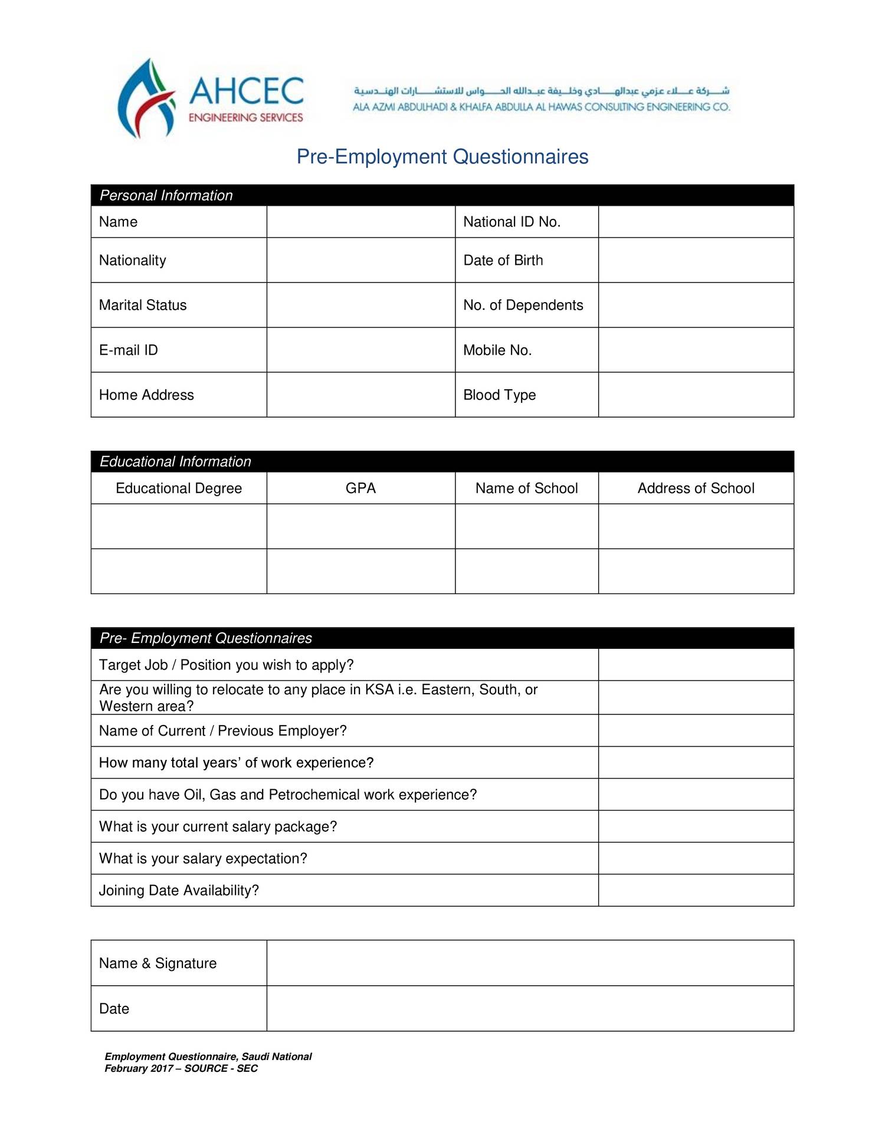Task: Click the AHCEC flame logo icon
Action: click(146, 99)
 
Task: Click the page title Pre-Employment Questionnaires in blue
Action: click(442, 157)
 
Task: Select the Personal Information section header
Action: click(166, 195)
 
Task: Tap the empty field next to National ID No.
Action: click(696, 222)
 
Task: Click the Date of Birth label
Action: click(503, 260)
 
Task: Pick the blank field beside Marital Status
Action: click(360, 305)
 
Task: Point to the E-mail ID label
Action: click(129, 350)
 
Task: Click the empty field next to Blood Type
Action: click(696, 395)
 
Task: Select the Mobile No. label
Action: click(497, 350)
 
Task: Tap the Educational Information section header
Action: click(175, 461)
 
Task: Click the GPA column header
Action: click(360, 488)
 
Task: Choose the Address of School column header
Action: click(696, 488)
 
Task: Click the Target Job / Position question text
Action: click(226, 665)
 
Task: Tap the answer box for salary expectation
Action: click(696, 858)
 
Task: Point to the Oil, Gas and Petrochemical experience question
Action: click(288, 795)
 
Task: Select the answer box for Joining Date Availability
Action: click(696, 890)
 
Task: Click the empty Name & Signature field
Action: click(530, 963)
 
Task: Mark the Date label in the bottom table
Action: click(114, 1009)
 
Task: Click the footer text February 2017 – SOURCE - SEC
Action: click(181, 1068)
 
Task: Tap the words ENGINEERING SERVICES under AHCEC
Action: click(245, 117)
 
